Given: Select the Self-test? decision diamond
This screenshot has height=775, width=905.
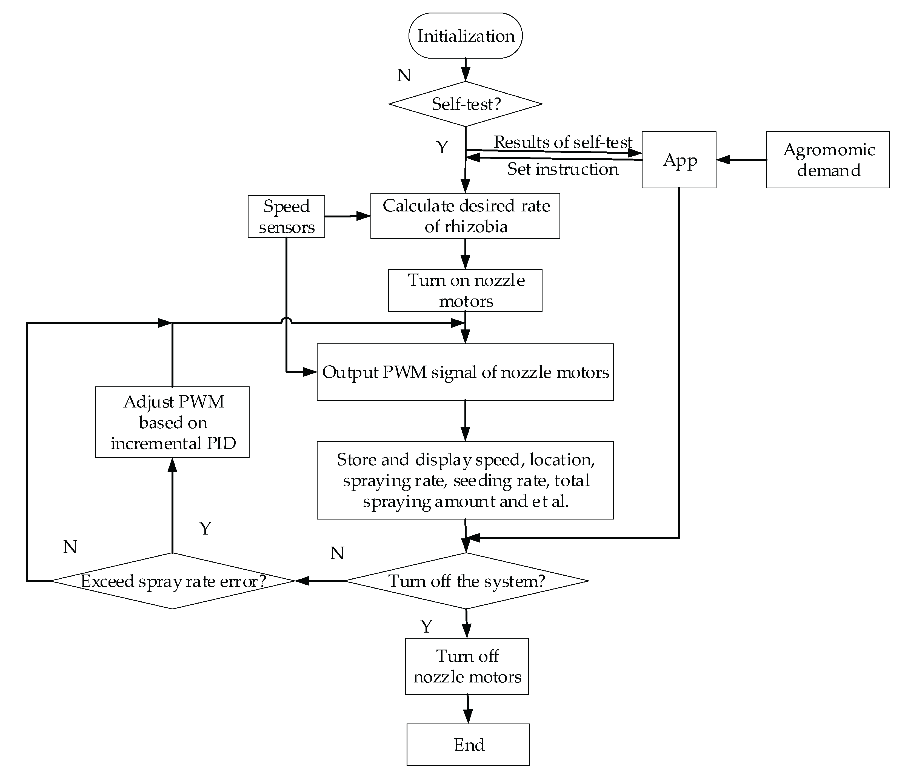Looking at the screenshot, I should point(465,104).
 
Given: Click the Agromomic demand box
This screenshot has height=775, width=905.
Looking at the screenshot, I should point(828,160).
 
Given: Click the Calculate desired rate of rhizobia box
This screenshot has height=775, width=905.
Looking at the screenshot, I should point(465,216).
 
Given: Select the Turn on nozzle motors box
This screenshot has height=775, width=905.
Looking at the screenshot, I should point(465,290).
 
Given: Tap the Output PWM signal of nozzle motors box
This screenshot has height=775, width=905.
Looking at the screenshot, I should point(465,372).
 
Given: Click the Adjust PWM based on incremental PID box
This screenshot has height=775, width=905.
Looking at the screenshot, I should point(173,422).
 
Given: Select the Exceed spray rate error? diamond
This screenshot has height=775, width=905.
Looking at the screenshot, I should point(173,581).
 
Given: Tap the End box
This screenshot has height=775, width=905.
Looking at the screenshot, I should point(468,744).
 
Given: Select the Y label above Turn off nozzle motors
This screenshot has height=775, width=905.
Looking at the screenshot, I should point(426,627).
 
